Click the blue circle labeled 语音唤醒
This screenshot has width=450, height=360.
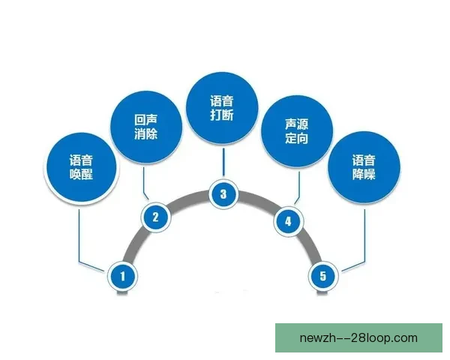[82, 167]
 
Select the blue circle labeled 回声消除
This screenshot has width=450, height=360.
[146, 127]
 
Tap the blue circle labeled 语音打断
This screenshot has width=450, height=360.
[222, 108]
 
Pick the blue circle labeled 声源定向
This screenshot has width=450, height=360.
[297, 131]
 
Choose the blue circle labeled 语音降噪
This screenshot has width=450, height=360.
[364, 167]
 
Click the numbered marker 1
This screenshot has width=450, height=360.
[122, 276]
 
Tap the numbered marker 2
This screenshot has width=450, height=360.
[155, 217]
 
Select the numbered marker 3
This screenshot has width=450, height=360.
[223, 194]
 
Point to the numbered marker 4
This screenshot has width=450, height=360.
[288, 221]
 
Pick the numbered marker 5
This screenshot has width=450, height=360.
[323, 276]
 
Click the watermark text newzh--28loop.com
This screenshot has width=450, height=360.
[358, 338]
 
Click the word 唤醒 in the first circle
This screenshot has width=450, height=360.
[82, 174]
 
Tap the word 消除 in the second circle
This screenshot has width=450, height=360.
[146, 134]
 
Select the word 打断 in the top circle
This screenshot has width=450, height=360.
[222, 115]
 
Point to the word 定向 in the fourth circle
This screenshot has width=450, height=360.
[297, 138]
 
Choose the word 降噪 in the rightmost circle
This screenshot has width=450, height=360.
[364, 174]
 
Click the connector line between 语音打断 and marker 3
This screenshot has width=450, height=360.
[223, 162]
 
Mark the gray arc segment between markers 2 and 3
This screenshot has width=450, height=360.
[188, 198]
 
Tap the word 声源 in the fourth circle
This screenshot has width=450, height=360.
[297, 124]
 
